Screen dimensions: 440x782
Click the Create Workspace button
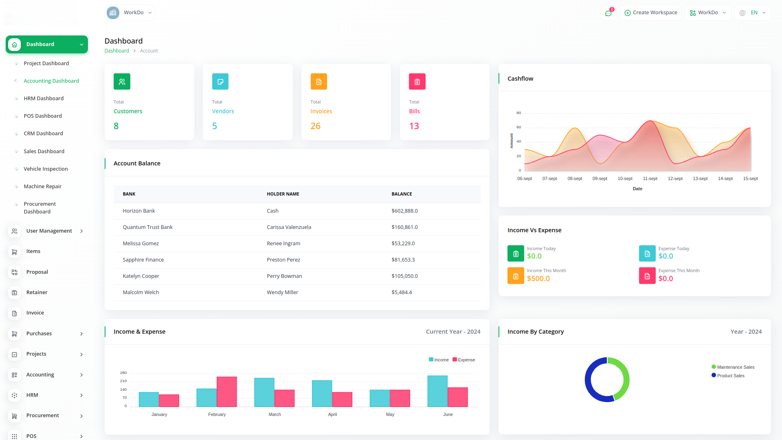[651, 13]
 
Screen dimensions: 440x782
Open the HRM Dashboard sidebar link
[44, 98]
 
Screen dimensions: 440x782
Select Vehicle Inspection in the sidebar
[46, 169]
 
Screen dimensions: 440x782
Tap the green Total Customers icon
[122, 81]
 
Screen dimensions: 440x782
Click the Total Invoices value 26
[315, 126]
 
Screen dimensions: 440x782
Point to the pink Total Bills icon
[417, 81]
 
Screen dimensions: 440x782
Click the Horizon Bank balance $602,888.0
[404, 211]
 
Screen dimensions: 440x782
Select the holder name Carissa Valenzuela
[289, 227]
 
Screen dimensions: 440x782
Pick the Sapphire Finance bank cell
[143, 260]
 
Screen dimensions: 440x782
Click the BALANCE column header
[402, 194]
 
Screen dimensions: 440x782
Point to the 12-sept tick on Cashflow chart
[675, 178]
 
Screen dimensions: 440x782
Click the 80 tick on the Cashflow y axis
[518, 113]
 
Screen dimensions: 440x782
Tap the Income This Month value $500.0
[538, 279]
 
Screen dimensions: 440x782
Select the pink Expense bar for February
[227, 392]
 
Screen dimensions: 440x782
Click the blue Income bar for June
[437, 391]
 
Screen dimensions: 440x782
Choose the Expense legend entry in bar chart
[464, 360]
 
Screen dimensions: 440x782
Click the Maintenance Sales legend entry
[733, 367]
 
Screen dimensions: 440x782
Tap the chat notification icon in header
[608, 13]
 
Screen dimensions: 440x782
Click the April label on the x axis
[332, 414]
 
